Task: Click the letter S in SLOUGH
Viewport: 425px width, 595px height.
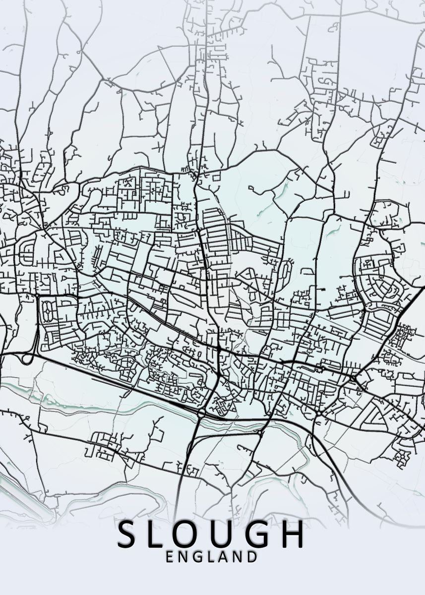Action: click(127, 534)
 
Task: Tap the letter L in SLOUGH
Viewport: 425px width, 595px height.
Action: click(161, 534)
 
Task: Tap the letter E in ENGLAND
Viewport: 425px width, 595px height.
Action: click(170, 557)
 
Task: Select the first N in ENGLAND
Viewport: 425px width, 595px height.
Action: click(183, 557)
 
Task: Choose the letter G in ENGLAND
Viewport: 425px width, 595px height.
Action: click(197, 557)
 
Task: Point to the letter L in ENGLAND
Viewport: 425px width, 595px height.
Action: click(211, 557)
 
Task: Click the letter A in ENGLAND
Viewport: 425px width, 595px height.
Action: click(224, 557)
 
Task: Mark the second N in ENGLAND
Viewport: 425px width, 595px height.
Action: click(238, 557)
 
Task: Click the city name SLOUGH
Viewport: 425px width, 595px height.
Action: click(211, 534)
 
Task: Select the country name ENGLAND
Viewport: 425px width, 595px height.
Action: click(212, 557)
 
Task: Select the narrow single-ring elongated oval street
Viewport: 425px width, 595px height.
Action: click(285, 270)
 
